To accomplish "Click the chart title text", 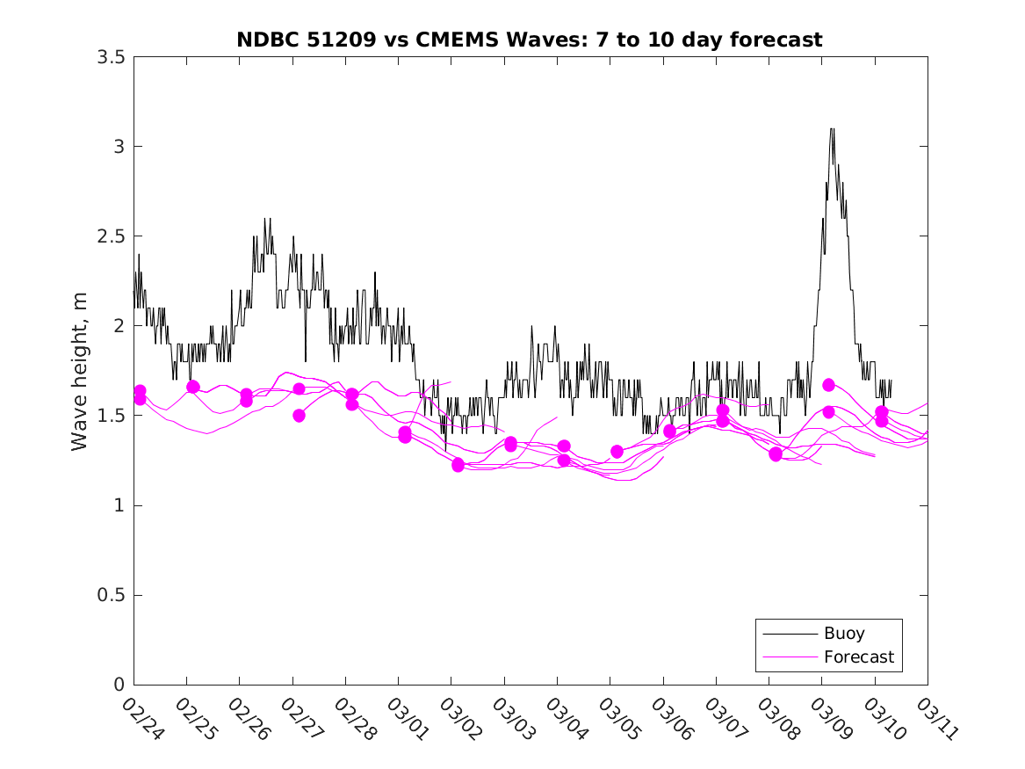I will tap(530, 40).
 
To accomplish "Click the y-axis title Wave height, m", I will tap(80, 370).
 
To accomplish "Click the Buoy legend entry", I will tap(843, 633).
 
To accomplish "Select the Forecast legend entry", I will tap(858, 657).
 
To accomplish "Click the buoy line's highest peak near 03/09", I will tap(831, 128).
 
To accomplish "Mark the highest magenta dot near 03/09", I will tap(828, 385).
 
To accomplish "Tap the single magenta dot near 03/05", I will tap(617, 452).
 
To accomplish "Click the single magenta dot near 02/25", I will tap(193, 387).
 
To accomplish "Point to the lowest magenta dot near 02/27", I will tap(299, 416).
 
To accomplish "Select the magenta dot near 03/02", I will tap(458, 465).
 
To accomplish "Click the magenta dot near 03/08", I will tap(776, 454).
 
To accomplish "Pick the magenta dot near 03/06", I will tap(669, 432).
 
